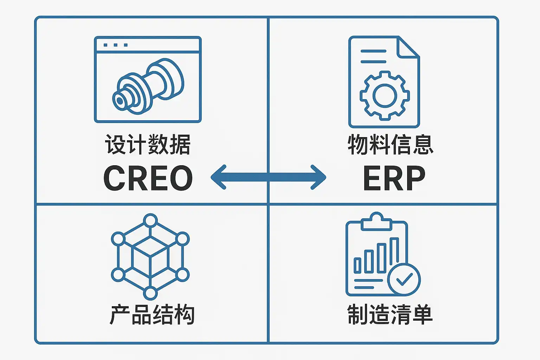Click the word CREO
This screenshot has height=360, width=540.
click(148, 178)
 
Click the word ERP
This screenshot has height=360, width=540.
click(394, 178)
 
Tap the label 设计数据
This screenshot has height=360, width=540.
click(148, 144)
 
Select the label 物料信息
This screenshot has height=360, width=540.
click(390, 144)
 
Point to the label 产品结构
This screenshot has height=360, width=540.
click(152, 315)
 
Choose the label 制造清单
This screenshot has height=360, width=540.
click(390, 315)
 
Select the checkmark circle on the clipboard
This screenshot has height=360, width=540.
click(404, 279)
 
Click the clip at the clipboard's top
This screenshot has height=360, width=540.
click(377, 221)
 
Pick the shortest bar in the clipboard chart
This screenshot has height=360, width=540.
click(358, 265)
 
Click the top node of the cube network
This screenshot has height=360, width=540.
click(150, 221)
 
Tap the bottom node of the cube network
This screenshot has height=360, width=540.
click(150, 293)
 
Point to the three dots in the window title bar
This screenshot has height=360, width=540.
click(115, 45)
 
